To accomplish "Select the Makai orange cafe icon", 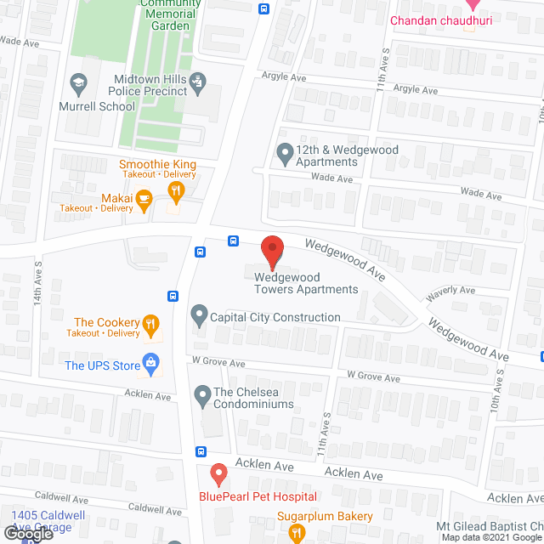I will coord(144,199).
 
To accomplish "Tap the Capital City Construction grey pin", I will coord(199,317).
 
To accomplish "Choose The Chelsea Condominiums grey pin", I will coord(202,393).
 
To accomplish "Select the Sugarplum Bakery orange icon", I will coord(297,533).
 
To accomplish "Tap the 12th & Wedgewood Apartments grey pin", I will coord(285,154).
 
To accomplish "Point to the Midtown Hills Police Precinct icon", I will coord(197,82).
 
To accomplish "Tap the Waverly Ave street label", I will coord(450,290).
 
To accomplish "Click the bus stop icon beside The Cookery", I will coord(173,297).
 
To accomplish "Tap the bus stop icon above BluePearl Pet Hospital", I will coord(201,451).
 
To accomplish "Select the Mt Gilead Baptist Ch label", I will coord(489,527).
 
